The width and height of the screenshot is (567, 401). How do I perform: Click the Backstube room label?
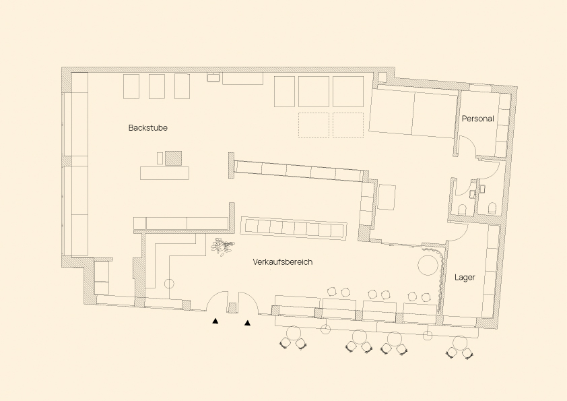(148, 128)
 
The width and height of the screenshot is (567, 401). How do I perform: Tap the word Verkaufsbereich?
(282, 262)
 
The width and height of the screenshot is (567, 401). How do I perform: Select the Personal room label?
(477, 119)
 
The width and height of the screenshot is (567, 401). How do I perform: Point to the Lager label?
(465, 278)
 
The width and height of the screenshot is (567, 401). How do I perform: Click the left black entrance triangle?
(215, 321)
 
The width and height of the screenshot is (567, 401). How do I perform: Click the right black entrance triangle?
(247, 323)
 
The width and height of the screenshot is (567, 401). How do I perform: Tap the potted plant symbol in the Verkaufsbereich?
(222, 247)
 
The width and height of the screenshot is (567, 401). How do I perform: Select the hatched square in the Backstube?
(174, 158)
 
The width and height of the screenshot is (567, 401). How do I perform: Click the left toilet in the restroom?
(462, 210)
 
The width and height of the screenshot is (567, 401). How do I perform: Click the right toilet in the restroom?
(492, 208)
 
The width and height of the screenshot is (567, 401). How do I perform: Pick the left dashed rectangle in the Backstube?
(314, 125)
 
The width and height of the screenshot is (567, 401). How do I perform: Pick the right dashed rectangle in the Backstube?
(348, 125)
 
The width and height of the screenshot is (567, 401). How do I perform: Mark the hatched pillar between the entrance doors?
(232, 308)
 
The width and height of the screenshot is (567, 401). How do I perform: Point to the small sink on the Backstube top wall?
(214, 77)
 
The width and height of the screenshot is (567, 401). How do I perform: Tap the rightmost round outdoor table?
(460, 343)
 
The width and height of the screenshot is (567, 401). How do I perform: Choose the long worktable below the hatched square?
(165, 173)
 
